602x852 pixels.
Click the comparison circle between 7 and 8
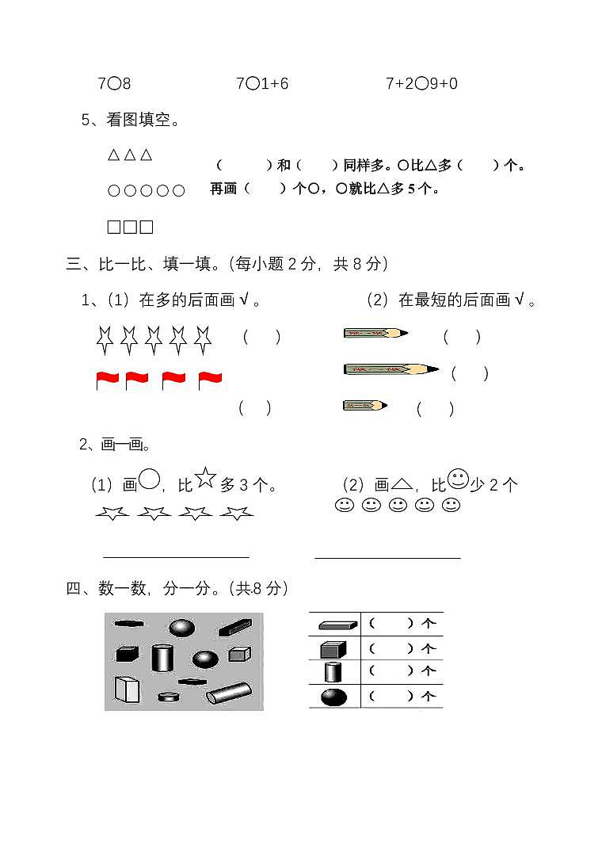coord(114,83)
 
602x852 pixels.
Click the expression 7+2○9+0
coord(421,83)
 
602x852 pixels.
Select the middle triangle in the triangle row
coord(129,155)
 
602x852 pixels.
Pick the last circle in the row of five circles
coord(179,191)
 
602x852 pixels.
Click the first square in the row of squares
coord(113,227)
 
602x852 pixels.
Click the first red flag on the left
coord(107,380)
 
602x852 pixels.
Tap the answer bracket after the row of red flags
coord(255,408)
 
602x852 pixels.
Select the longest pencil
coord(391,369)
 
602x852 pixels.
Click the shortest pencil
coord(364,406)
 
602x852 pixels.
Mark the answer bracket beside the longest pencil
coord(470,373)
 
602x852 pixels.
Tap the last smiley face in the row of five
coord(451,506)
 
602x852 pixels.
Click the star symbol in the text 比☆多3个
coord(206,477)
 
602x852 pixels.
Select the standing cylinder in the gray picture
coord(162,657)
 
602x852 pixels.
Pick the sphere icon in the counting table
coord(333,697)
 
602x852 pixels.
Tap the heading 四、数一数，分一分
coord(177,588)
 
